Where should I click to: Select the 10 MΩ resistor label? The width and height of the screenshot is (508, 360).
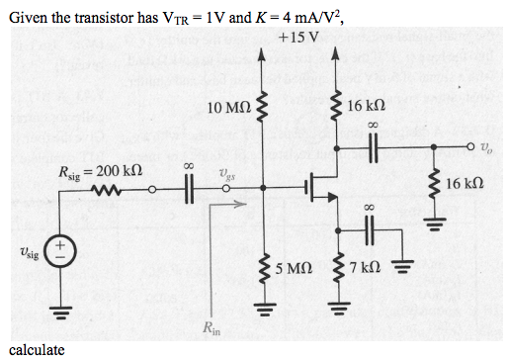tap(228, 105)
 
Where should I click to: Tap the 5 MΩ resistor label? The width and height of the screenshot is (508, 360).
tap(296, 268)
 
